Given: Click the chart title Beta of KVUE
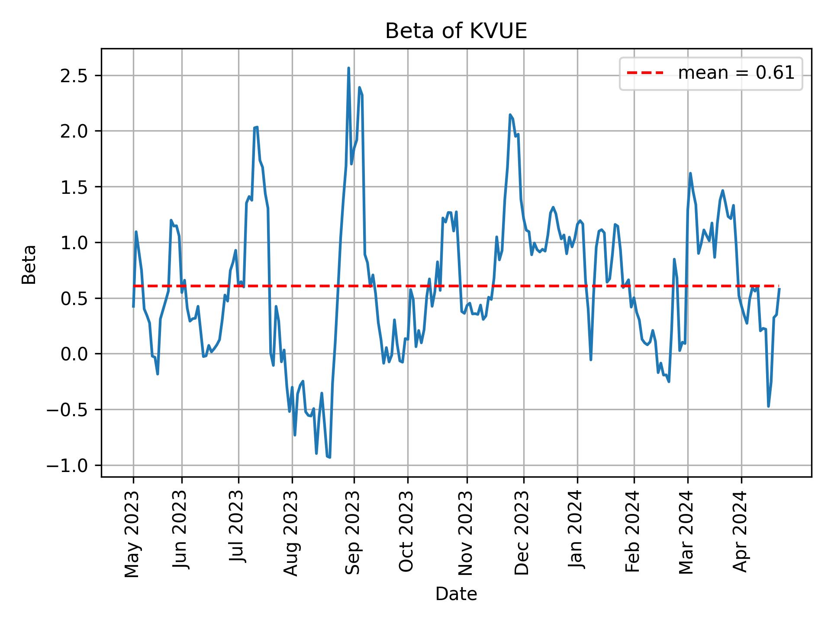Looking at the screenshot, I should point(456,31).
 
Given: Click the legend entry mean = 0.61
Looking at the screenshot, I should point(736,73).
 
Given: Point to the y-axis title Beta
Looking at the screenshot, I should point(29,264).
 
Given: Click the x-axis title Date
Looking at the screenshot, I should point(456,594).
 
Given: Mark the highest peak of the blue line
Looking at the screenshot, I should point(348,68).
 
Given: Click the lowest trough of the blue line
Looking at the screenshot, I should point(330,457).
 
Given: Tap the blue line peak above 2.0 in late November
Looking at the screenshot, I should point(510,115).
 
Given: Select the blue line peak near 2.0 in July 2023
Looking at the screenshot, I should point(256,127).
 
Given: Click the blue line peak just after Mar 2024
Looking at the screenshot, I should point(690,173).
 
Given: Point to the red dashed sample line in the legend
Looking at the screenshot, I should point(645,73).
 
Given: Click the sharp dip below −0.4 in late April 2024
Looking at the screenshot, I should point(769,406).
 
